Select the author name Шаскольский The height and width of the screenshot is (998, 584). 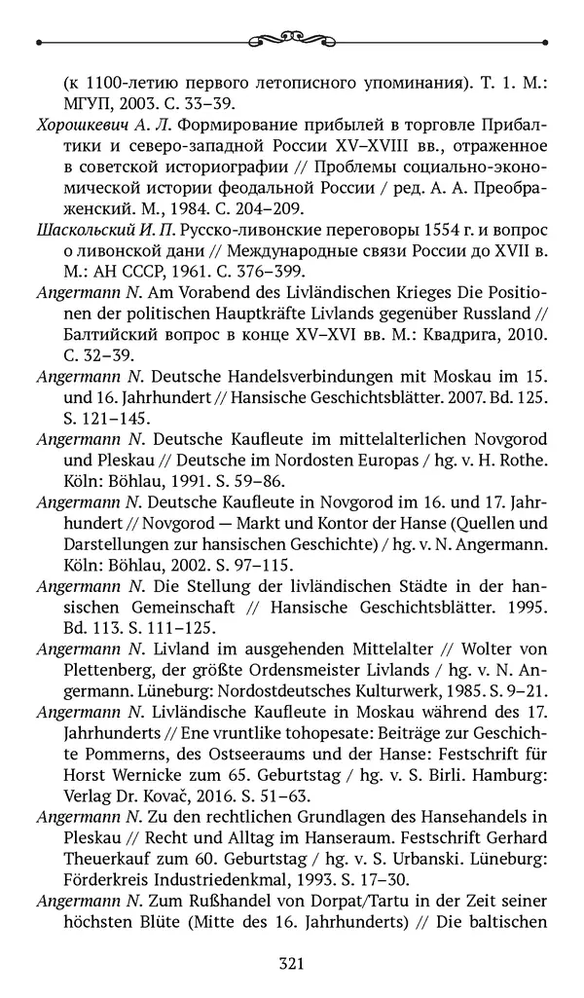[x=85, y=231]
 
